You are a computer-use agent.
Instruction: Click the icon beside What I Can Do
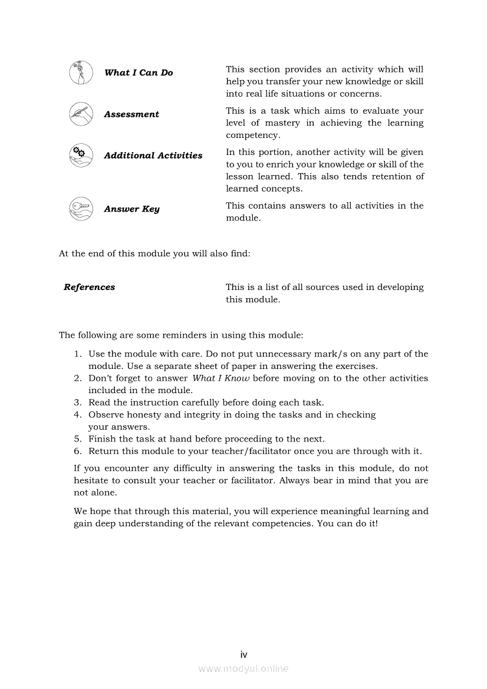[81, 72]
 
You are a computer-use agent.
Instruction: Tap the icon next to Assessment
[81, 114]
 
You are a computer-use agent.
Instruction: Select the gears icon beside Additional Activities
[81, 156]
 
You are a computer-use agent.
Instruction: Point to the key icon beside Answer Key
[81, 209]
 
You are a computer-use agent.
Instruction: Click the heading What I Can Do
[139, 72]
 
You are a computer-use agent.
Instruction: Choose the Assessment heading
[131, 114]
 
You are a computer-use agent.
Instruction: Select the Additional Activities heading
[153, 156]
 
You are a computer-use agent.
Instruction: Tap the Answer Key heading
[131, 209]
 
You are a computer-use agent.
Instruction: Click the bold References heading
[90, 288]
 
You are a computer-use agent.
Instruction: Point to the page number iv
[244, 655]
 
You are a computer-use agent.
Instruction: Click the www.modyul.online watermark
[244, 668]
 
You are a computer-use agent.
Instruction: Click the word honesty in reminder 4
[143, 415]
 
